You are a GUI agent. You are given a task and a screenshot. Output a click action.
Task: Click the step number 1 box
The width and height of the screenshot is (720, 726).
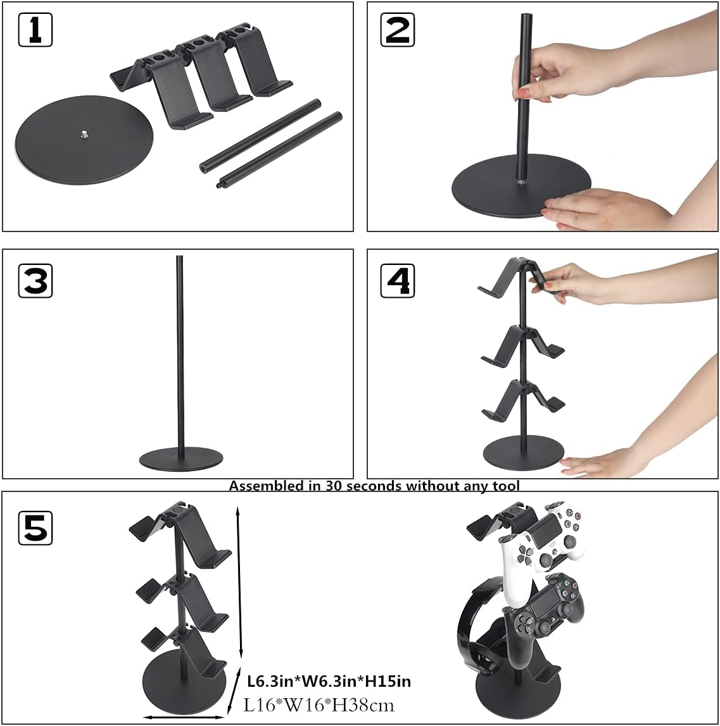tap(35, 29)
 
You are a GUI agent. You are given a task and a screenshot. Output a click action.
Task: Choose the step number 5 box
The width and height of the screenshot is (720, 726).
tap(35, 528)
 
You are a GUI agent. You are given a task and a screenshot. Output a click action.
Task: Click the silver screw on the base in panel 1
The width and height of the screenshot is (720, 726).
tap(84, 133)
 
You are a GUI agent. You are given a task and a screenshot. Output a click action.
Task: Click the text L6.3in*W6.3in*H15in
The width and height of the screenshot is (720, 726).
tap(329, 681)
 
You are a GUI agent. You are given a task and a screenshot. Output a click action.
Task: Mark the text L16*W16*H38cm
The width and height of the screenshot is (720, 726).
tap(319, 704)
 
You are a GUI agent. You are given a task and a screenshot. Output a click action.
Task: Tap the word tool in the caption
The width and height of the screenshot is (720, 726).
tap(507, 486)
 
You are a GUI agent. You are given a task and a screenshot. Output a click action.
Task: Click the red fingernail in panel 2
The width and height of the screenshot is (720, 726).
tap(523, 94)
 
